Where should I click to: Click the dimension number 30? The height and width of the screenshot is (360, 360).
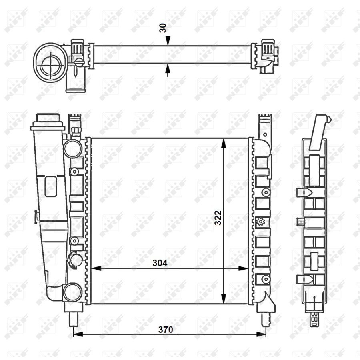162,28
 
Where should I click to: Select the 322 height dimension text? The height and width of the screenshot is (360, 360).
218,218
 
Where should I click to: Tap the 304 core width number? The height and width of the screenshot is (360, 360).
160,263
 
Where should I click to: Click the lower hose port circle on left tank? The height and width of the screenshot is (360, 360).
72,292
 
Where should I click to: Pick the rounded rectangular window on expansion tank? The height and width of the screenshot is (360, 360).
50,186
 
